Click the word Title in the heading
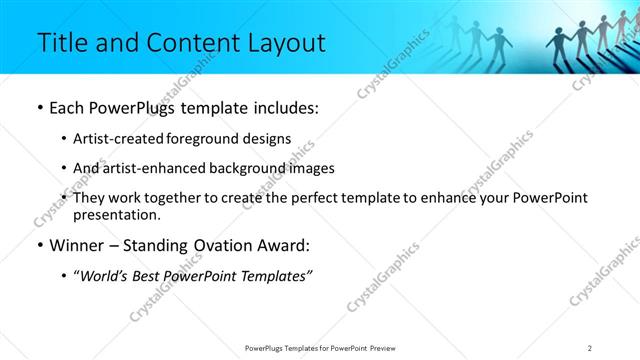point(60,43)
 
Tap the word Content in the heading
point(186,43)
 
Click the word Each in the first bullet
point(68,108)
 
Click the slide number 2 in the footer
point(590,347)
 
